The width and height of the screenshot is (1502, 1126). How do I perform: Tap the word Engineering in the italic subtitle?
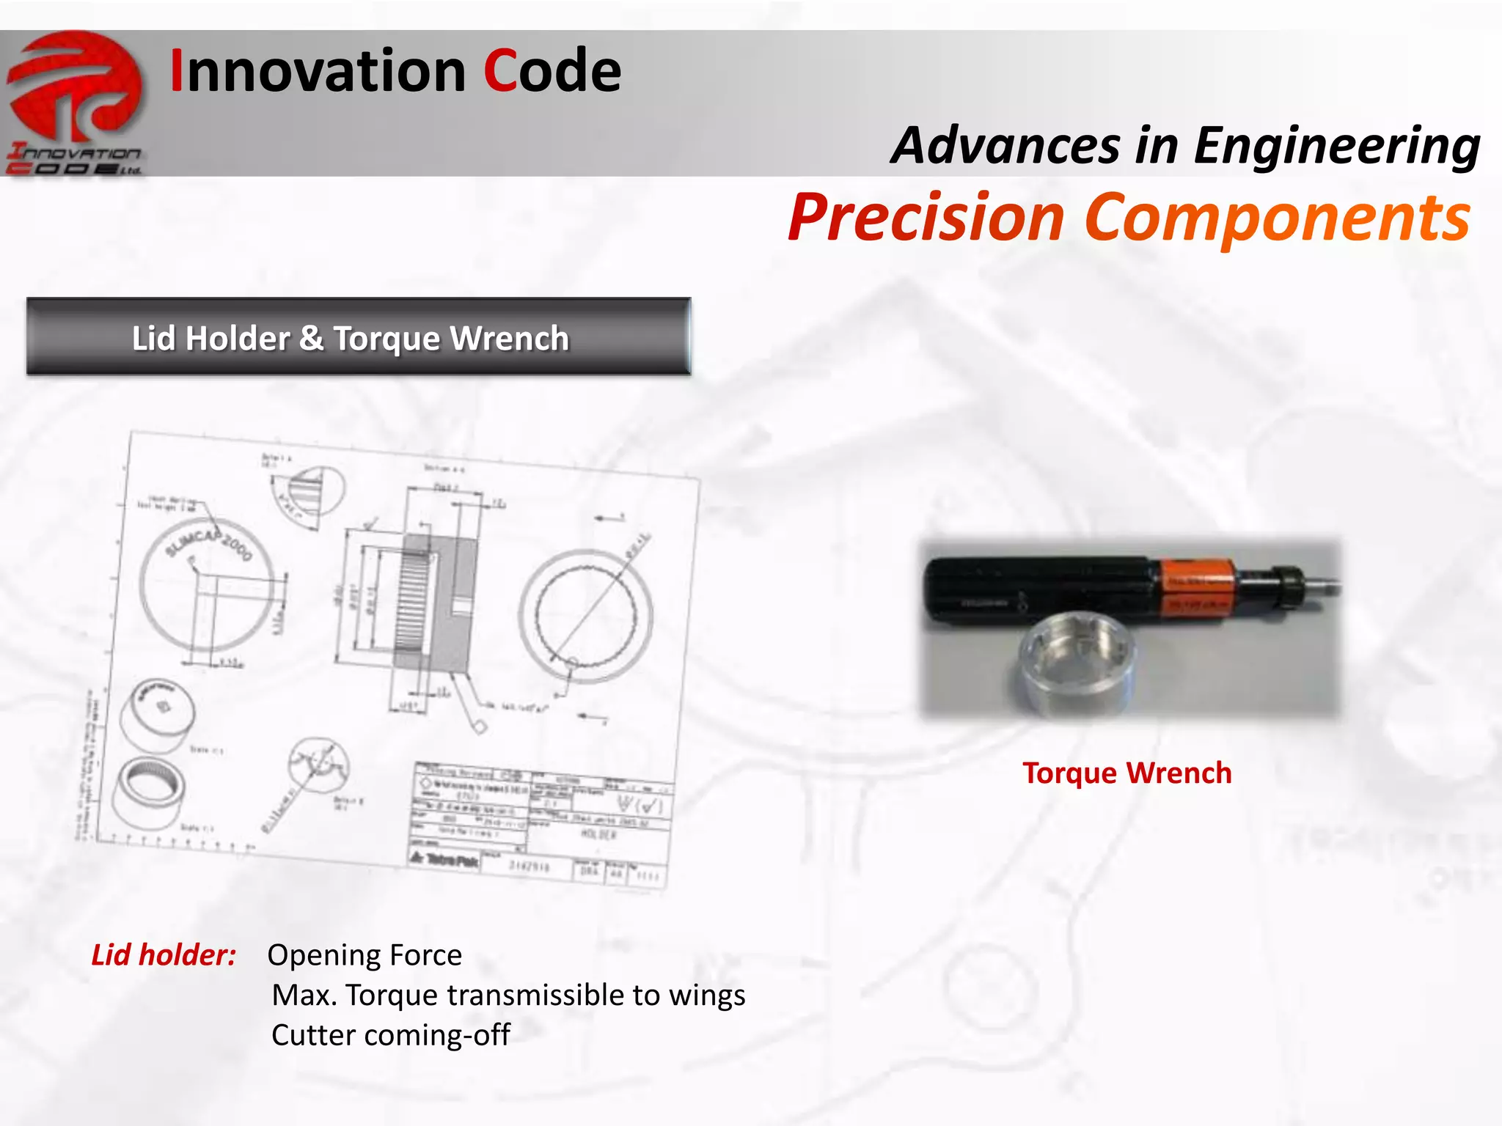click(1336, 145)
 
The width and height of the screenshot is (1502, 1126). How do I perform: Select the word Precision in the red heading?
click(926, 217)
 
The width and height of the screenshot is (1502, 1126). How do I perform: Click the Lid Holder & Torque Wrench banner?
click(358, 337)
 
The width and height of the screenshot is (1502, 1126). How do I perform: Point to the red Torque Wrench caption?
click(1126, 773)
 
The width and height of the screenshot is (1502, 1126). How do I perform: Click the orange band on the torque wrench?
click(1195, 587)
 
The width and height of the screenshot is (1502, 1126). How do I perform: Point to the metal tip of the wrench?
click(1325, 584)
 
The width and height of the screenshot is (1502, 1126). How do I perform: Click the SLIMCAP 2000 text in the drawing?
click(208, 544)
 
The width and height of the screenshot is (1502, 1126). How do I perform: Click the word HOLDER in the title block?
click(598, 834)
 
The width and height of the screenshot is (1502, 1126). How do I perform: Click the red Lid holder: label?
click(163, 954)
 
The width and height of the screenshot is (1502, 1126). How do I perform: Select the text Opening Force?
click(364, 954)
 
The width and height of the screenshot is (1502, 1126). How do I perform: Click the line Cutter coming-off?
click(390, 1034)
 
